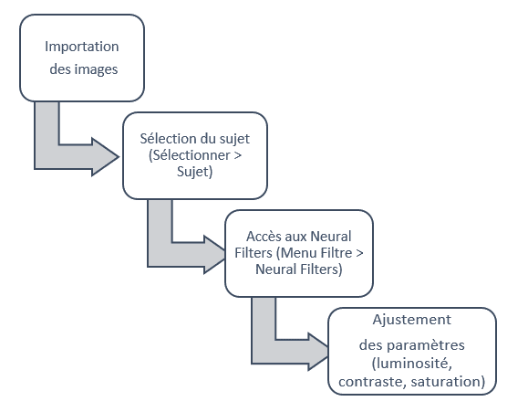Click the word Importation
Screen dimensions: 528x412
click(82, 47)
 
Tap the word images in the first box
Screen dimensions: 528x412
click(96, 69)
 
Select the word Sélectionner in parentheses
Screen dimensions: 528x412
click(190, 155)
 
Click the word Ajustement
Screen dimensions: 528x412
click(411, 320)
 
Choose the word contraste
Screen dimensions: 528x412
click(373, 382)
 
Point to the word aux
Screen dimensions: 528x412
click(295, 237)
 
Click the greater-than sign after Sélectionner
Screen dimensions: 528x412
click(237, 155)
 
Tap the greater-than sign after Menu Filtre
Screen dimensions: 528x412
click(359, 253)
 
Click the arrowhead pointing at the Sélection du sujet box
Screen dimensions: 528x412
click(105, 156)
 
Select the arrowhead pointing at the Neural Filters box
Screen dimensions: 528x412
click(215, 255)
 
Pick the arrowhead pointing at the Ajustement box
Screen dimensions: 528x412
click(318, 352)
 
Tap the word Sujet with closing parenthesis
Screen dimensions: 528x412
click(194, 172)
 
